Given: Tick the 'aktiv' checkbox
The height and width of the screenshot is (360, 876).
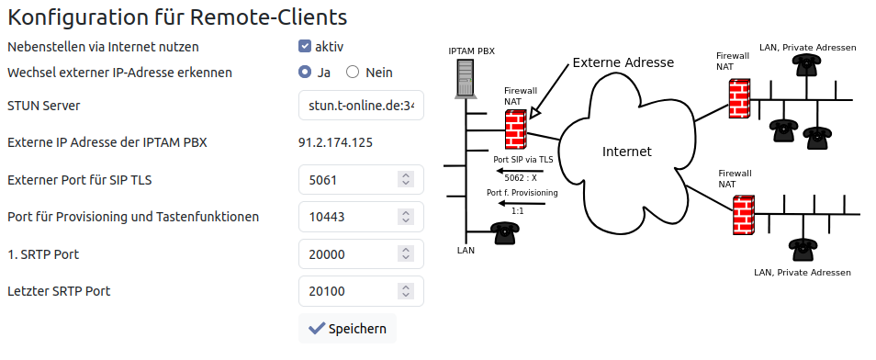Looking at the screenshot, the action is (x=305, y=47).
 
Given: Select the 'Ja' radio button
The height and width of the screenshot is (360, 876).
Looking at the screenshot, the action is (x=305, y=73).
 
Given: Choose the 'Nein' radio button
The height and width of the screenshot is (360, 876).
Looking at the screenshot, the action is (x=353, y=73).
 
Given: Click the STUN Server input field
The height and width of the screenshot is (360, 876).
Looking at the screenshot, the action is (x=361, y=105).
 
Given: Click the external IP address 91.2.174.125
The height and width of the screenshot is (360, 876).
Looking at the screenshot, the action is (x=335, y=142).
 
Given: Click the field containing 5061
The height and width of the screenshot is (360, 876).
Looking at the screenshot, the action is (x=361, y=179).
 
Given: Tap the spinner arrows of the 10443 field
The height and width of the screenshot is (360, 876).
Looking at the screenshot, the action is (x=406, y=217).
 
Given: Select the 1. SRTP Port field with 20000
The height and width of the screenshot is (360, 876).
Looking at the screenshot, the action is (x=361, y=253).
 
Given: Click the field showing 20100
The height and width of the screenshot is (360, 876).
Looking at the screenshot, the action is (x=361, y=291).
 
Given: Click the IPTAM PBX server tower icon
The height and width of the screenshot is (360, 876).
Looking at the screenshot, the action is (x=466, y=79).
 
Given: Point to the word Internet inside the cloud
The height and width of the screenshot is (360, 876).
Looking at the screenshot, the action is (x=627, y=152).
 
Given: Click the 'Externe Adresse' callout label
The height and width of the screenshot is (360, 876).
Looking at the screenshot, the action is (x=623, y=62).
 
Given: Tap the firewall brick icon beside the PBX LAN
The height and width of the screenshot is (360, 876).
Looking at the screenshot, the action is (x=516, y=129).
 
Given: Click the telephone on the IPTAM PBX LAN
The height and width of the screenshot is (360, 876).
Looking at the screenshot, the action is (x=505, y=233).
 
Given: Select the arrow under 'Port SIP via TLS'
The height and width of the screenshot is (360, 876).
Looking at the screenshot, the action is (x=520, y=171).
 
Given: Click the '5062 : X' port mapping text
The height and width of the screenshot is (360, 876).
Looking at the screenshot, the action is (x=520, y=179).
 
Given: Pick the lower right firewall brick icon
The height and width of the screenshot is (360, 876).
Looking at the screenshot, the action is (x=744, y=216).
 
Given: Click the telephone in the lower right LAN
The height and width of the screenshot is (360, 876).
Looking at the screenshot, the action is (x=803, y=250).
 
